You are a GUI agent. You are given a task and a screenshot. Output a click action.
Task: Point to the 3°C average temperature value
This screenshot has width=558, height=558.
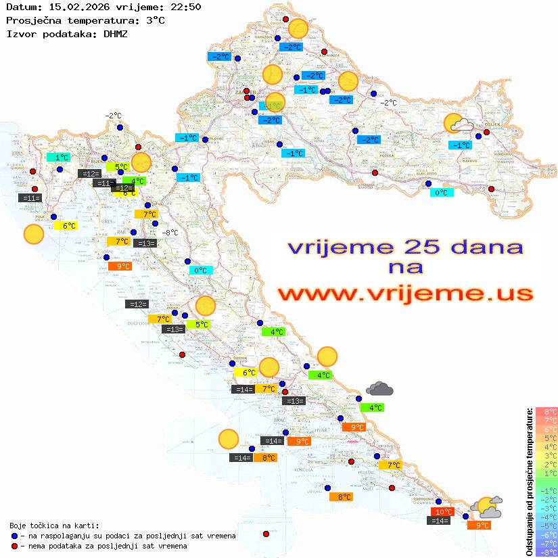click(x=154, y=20)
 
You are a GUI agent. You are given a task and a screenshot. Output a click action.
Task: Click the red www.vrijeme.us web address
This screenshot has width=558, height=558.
click(x=405, y=293)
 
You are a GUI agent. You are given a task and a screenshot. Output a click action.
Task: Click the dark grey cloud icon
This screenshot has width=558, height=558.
click(x=379, y=388)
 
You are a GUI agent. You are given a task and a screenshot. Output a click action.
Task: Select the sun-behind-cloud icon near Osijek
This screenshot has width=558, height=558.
click(x=459, y=124)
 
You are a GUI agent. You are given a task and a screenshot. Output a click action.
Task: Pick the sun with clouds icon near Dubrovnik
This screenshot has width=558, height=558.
click(x=487, y=506)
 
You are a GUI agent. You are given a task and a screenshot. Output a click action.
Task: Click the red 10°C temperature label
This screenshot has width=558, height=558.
click(x=443, y=512)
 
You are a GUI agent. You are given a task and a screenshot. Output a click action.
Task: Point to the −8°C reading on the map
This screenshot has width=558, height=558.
click(x=169, y=233)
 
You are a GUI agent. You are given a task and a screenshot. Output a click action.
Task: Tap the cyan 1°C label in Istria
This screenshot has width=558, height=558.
click(x=57, y=157)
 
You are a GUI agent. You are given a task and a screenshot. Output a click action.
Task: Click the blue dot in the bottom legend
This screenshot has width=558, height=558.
click(x=15, y=536)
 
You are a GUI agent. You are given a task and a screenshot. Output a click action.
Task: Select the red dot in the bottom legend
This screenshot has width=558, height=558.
click(x=15, y=546)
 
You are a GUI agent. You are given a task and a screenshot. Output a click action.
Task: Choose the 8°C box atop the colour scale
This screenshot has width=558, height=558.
click(x=547, y=411)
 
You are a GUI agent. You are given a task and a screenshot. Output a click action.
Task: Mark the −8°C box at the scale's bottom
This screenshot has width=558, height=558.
click(x=547, y=552)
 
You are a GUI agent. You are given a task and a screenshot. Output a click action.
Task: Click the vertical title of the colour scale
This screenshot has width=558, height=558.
click(x=528, y=481)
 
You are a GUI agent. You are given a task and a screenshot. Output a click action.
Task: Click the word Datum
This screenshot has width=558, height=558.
click(x=19, y=7)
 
